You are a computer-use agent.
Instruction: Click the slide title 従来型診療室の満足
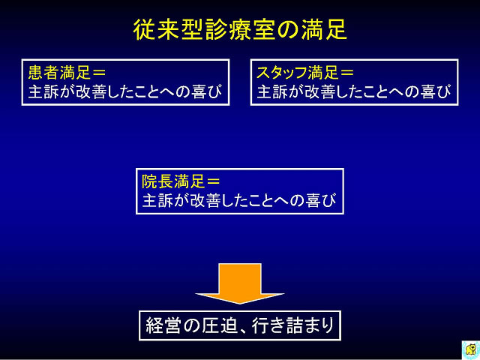tap(240, 29)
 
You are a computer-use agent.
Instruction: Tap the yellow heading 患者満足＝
tap(67, 73)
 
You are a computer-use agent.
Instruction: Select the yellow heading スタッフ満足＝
tap(305, 73)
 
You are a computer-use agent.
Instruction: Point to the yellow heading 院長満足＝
tap(181, 181)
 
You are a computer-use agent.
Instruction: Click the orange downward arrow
tap(240, 283)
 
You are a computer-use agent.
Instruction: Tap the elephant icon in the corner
tap(471, 349)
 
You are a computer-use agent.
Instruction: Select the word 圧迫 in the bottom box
tap(220, 325)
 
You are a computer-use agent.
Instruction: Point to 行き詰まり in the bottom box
tap(293, 325)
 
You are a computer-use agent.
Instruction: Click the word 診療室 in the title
tap(240, 29)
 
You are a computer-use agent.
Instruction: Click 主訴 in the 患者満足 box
tap(43, 91)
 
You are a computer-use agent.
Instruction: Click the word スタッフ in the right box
tap(282, 73)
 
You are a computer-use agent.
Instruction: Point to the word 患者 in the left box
tap(43, 73)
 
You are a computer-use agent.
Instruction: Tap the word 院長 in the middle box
tap(157, 181)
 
